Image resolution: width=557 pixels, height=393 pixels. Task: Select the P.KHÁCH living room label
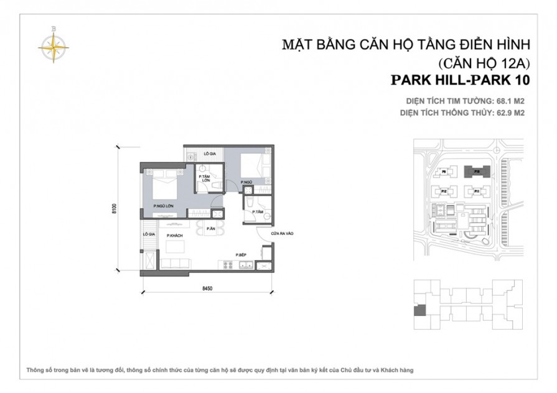click(x=173, y=236)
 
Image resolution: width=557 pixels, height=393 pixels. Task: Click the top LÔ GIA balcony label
click(x=210, y=154)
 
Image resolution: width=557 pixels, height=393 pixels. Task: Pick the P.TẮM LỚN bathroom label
click(x=204, y=178)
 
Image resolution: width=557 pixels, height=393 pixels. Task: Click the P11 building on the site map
click(x=476, y=192)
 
